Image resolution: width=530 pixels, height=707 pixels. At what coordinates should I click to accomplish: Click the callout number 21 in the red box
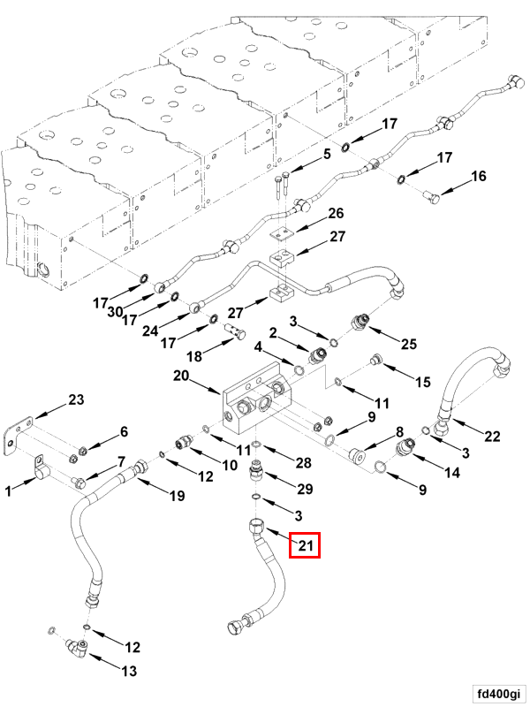pos(306,545)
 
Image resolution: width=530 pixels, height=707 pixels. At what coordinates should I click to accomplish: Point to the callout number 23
pos(76,400)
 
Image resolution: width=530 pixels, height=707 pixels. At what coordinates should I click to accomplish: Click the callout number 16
pos(477,177)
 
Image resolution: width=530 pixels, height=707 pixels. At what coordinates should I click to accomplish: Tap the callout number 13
pos(129,671)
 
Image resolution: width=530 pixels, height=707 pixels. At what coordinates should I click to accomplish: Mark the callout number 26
pos(336,214)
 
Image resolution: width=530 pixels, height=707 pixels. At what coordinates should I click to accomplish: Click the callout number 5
pos(326,154)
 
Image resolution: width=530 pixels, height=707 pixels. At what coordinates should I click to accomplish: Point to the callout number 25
pos(408,343)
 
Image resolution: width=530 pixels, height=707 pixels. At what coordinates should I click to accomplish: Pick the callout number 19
pos(177,496)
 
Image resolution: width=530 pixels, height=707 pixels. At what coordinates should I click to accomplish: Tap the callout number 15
pos(423,382)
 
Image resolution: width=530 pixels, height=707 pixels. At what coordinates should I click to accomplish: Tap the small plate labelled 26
pos(281,232)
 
